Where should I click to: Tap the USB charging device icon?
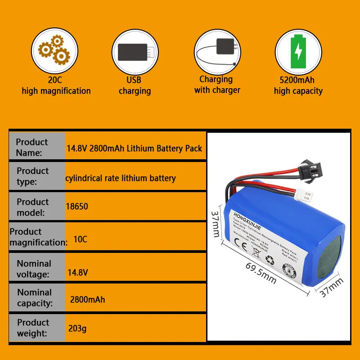pyautogui.click(x=134, y=52)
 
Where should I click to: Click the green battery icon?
pyautogui.click(x=297, y=52)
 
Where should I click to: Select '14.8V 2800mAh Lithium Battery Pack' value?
pyautogui.click(x=134, y=148)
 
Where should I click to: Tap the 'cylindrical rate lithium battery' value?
pyautogui.click(x=120, y=178)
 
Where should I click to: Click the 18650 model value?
pyautogui.click(x=77, y=207)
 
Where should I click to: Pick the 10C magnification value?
pyautogui.click(x=80, y=239)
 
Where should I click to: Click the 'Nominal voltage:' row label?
pyautogui.click(x=34, y=269)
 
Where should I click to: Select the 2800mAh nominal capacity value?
pyautogui.click(x=87, y=299)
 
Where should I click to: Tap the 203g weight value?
pyautogui.click(x=77, y=328)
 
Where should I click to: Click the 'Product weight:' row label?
pyautogui.click(x=33, y=328)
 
